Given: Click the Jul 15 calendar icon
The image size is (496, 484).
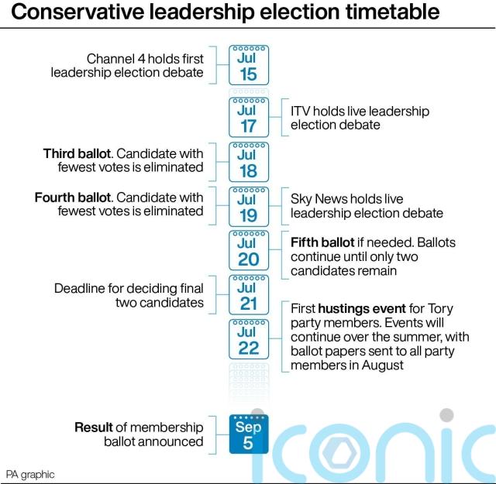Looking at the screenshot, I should [x=248, y=65].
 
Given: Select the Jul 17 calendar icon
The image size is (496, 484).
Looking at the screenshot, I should [x=248, y=117].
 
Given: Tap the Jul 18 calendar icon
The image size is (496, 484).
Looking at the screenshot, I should [x=248, y=161].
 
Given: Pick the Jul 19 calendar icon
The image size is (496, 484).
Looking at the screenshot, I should [x=248, y=205].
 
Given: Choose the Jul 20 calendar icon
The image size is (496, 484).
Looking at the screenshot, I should [x=248, y=250].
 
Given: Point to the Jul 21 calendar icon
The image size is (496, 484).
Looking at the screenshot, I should [x=248, y=294].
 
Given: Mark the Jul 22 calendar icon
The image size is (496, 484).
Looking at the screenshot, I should [x=248, y=338].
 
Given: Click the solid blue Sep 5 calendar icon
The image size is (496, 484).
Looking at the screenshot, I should [x=248, y=434].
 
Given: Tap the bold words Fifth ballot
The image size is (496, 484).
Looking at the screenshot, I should [x=322, y=242].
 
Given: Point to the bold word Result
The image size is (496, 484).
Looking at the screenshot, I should [x=94, y=427].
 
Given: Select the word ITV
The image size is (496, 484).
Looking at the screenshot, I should [x=301, y=111].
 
